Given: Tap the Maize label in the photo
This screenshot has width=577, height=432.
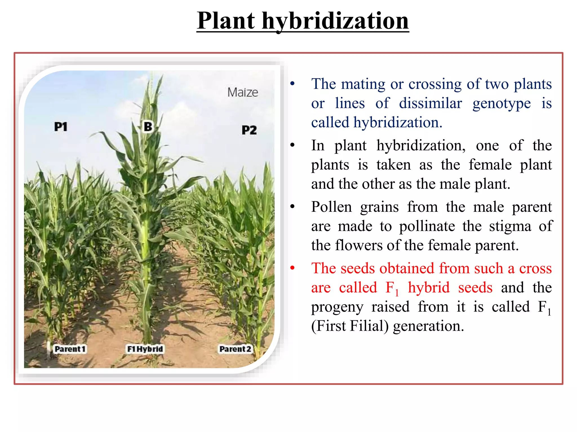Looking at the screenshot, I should tap(243, 93).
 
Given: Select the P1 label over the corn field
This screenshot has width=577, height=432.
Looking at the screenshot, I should tap(61, 127).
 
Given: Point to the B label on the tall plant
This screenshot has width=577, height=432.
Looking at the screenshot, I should tap(148, 127).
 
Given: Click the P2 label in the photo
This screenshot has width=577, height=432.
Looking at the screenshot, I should tap(249, 130).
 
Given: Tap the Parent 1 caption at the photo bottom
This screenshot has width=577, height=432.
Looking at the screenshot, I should tap(70, 349).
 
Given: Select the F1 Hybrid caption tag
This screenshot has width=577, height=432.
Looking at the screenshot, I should tap(145, 349).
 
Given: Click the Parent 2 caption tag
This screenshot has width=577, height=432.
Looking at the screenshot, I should tap(235, 349).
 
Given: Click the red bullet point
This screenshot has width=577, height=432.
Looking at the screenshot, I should tap(292, 268).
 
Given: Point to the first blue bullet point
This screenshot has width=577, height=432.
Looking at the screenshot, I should tap(292, 84).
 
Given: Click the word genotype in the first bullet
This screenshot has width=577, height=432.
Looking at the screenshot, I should tap(501, 103).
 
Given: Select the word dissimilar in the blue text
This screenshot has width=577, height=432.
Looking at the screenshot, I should tap(430, 103).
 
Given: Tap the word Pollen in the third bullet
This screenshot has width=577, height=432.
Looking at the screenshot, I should tap(331, 207).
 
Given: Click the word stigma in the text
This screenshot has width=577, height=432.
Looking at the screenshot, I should tap(510, 226).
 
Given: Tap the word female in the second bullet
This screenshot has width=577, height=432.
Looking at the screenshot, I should tap(490, 165).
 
